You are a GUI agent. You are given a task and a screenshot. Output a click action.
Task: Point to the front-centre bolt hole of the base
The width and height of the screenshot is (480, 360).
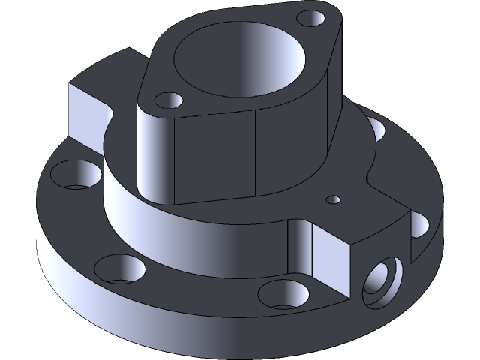pyautogui.click(x=283, y=293)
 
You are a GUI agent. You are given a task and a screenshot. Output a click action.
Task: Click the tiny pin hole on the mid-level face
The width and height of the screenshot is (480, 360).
pyautogui.click(x=334, y=199)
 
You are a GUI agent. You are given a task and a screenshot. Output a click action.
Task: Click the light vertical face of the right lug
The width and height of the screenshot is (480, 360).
pyautogui.click(x=330, y=259)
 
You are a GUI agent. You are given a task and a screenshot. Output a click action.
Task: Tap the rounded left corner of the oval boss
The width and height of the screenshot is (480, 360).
pyautogui.click(x=154, y=150)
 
